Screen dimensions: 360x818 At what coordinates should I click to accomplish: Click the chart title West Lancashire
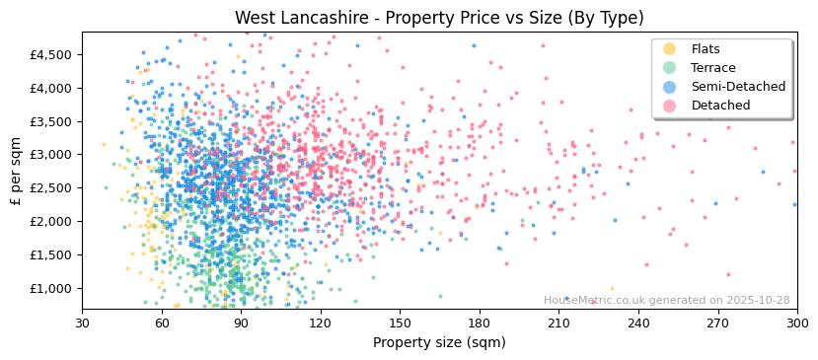click(x=439, y=18)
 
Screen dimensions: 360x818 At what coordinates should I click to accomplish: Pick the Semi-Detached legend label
click(x=738, y=87)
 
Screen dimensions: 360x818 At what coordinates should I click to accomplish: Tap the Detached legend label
click(x=720, y=106)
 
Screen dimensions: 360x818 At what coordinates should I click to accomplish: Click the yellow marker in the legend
click(x=669, y=49)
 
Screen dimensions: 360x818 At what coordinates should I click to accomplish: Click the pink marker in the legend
click(x=669, y=106)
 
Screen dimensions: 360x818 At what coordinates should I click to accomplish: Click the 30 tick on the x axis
click(x=82, y=324)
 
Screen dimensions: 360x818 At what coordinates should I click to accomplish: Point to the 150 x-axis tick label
click(x=400, y=324)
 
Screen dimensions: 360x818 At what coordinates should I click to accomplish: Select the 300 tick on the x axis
click(x=797, y=324)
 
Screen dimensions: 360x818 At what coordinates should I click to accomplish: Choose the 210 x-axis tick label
click(x=558, y=324)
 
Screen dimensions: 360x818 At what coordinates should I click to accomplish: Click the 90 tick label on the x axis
click(x=241, y=324)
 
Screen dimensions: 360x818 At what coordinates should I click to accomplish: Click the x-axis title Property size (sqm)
click(x=439, y=342)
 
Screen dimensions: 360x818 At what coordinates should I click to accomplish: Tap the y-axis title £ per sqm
click(x=17, y=171)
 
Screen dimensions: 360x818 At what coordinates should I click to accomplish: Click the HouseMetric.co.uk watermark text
click(x=666, y=301)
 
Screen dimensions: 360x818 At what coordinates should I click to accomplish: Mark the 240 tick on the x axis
click(x=638, y=324)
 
